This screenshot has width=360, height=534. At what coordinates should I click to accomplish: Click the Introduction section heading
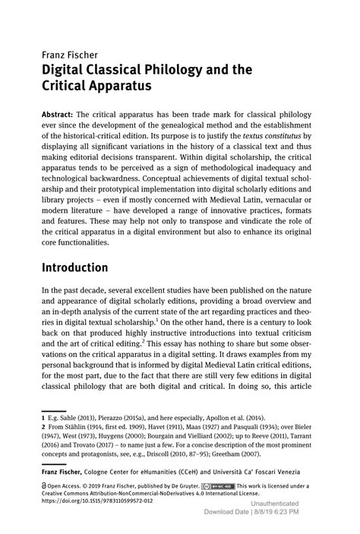coord(86,267)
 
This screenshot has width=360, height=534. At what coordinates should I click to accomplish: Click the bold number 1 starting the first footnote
coord(43,418)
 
